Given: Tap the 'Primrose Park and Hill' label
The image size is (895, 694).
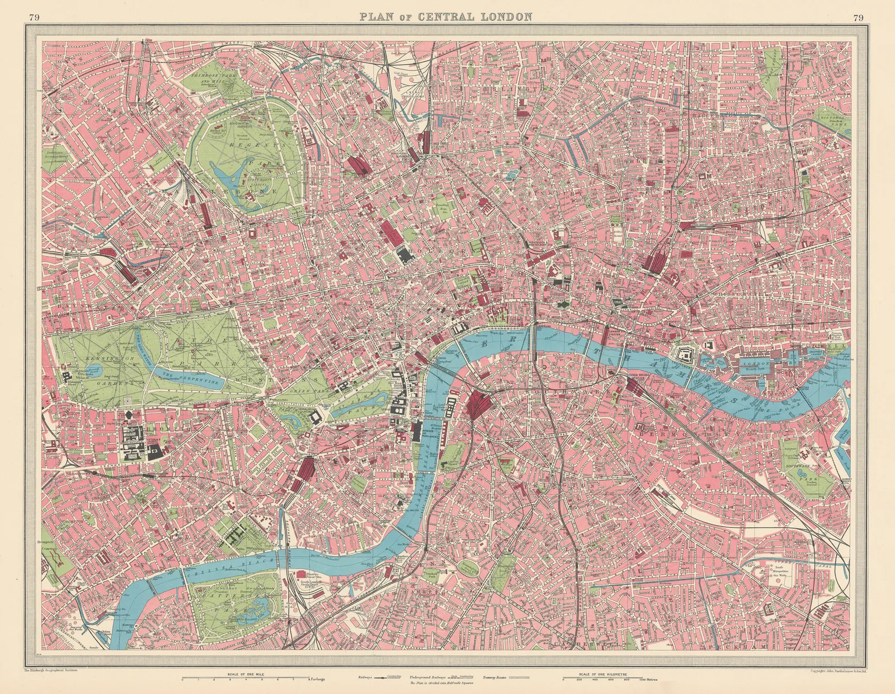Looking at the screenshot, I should pos(211,78).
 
